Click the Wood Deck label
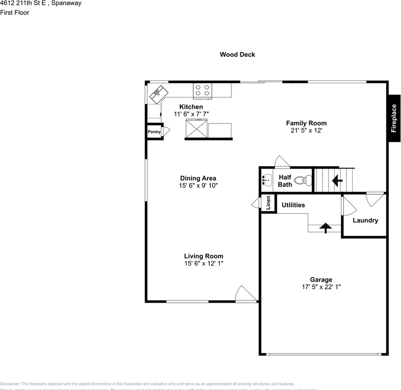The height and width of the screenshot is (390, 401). coord(238,54)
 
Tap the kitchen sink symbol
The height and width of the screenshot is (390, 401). coord(159,94)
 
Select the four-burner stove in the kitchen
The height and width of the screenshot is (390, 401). coord(202,90)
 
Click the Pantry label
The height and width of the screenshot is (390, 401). coord(154,132)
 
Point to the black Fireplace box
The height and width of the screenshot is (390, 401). coord(394,118)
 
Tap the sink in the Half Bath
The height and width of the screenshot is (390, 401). coord(268,180)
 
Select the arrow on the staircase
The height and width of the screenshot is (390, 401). coord(337,180)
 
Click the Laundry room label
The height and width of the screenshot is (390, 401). coord(365,220)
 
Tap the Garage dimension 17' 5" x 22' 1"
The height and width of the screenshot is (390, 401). coord(321,287)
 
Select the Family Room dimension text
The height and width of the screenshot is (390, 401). coord(306,130)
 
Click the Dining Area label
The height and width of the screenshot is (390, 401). coord(198,178)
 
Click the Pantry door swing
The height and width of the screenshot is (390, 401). coord(166,131)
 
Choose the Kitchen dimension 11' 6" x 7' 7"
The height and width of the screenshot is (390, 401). coord(191,114)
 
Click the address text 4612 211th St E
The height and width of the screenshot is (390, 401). coord(41,3)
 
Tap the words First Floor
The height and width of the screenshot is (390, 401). coord(15,12)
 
